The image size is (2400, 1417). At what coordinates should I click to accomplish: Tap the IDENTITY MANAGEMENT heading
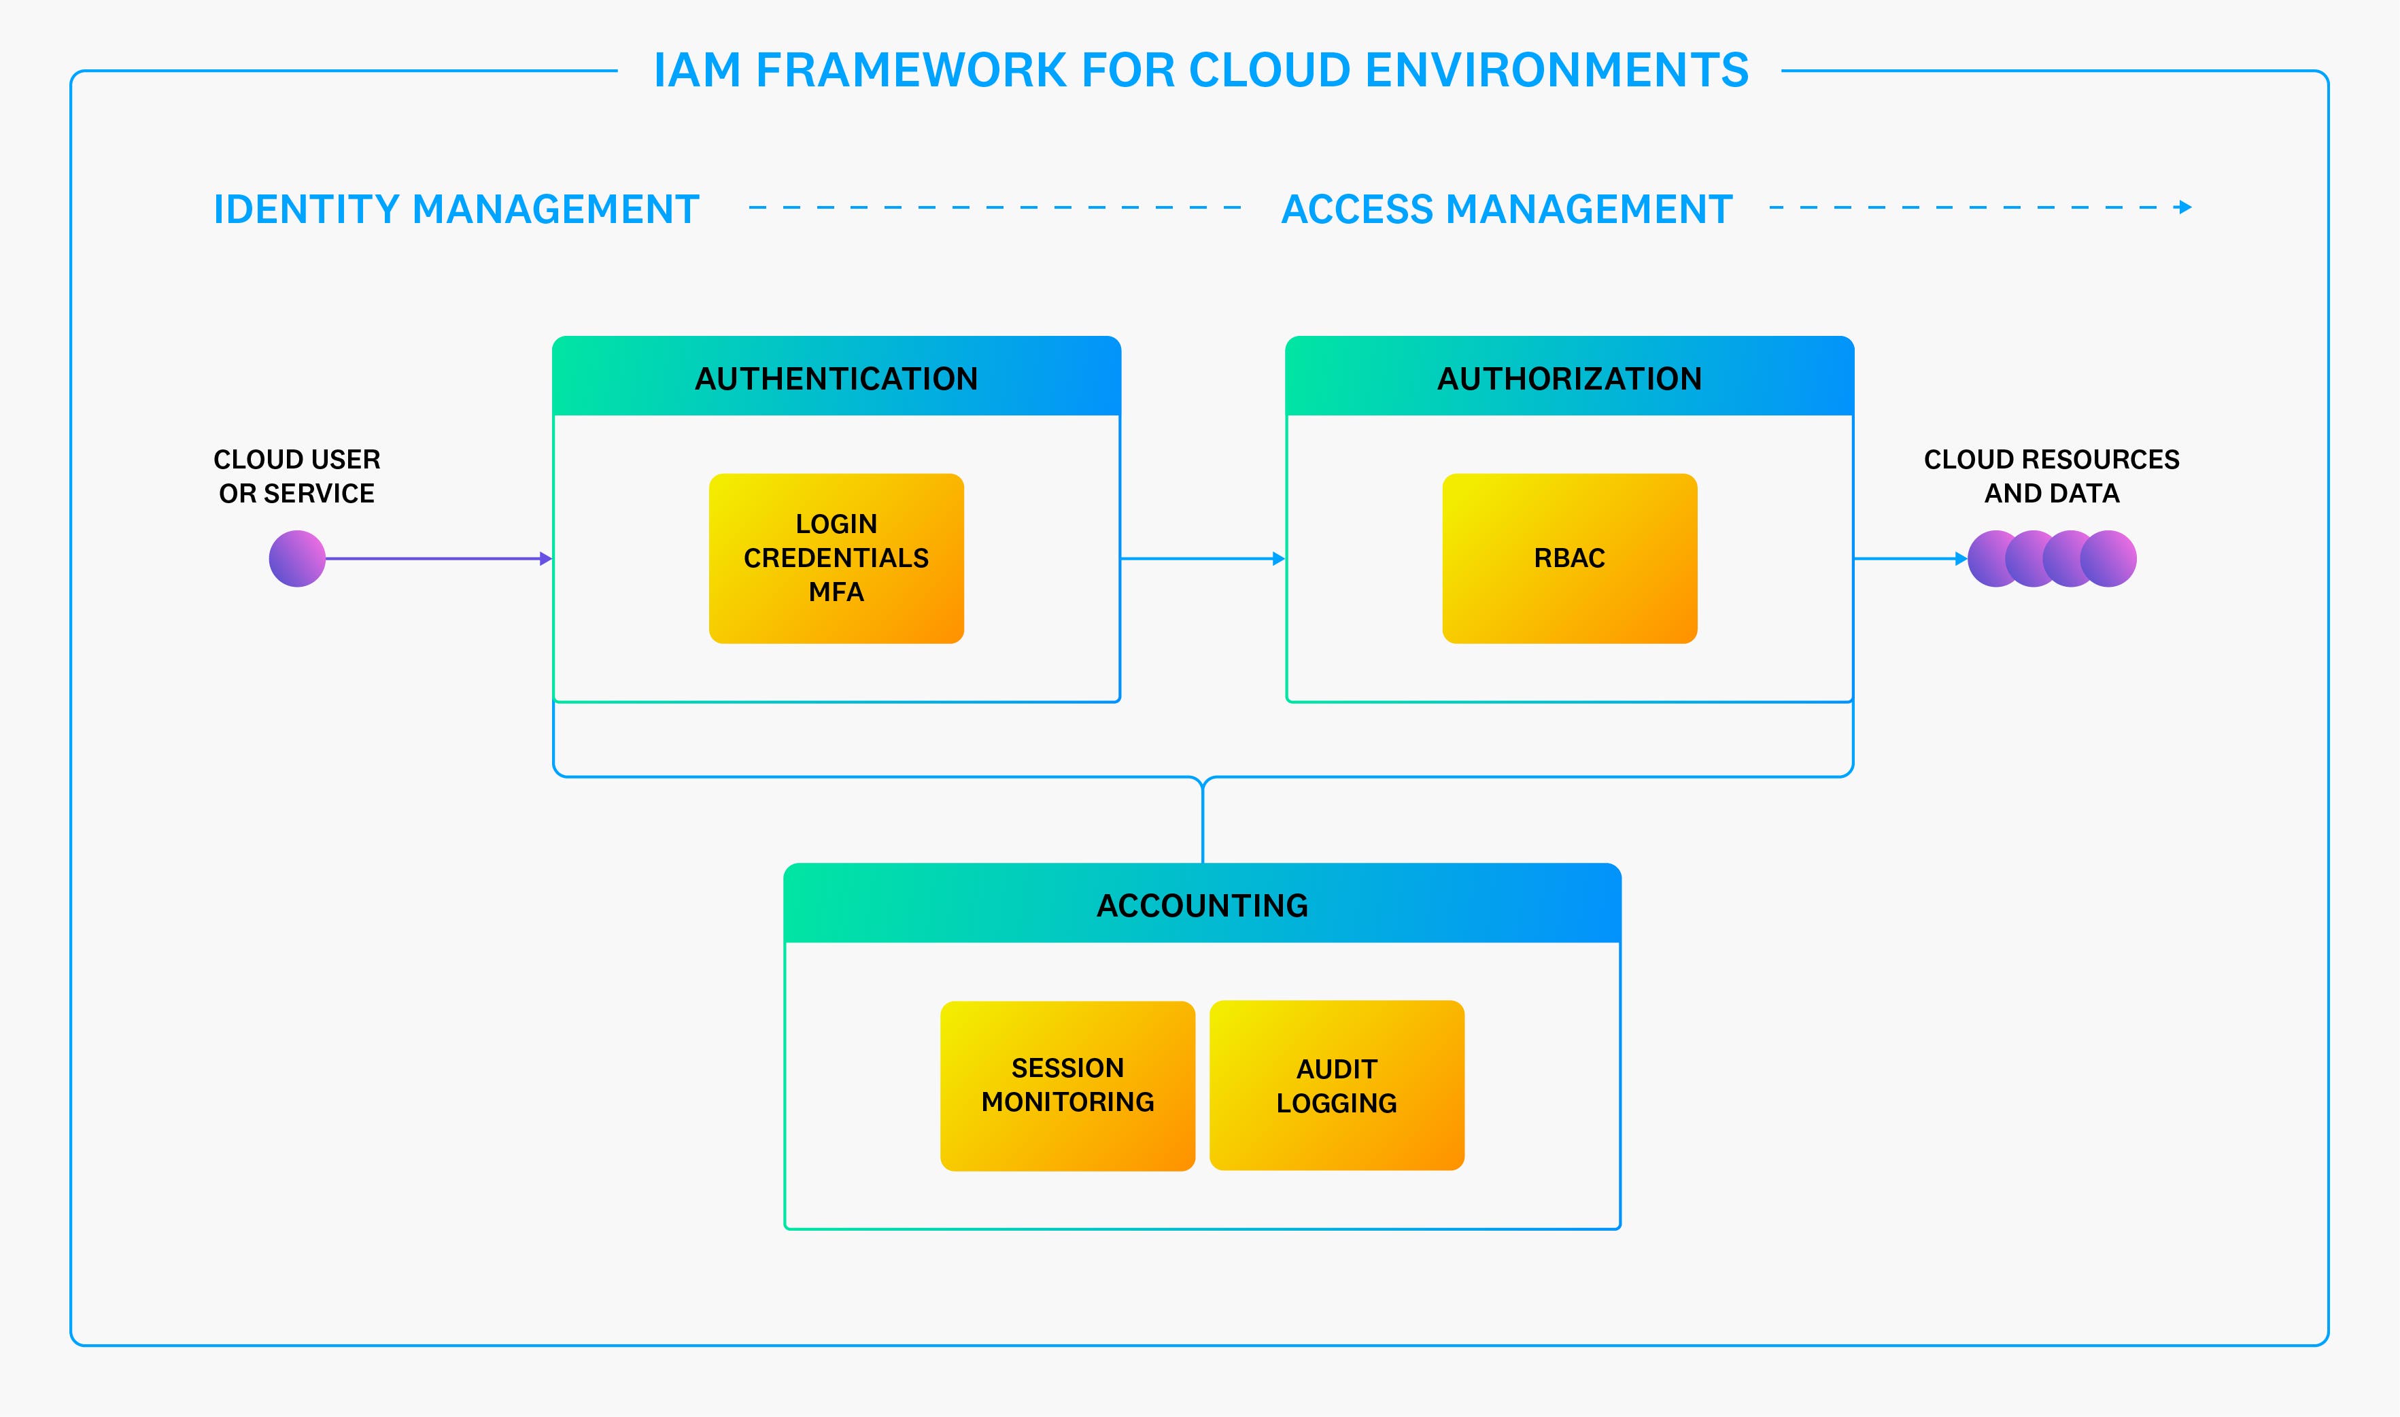456,209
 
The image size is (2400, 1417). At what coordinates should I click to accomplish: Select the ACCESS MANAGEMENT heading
1507,209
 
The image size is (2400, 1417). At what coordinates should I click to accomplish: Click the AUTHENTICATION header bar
836,378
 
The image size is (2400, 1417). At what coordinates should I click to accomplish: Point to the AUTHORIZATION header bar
1569,378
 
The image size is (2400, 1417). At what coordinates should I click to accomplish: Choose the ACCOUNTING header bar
1202,905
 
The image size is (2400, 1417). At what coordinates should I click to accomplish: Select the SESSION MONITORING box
1067,1086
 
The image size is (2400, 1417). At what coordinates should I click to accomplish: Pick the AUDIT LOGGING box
1337,1086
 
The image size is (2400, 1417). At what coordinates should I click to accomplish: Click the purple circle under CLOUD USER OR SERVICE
297,559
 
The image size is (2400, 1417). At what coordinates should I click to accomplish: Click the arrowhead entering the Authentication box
546,559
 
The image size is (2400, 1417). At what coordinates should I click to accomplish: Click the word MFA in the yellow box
836,592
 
